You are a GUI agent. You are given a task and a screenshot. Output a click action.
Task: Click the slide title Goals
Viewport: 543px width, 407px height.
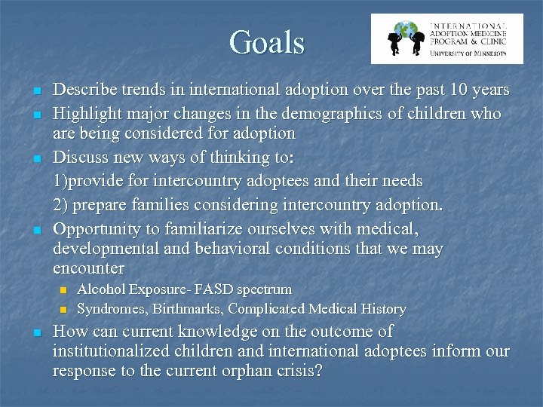[268, 42]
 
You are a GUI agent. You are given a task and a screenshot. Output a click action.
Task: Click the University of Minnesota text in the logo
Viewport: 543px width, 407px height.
[468, 53]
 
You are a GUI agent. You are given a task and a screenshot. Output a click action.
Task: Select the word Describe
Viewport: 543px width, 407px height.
[84, 90]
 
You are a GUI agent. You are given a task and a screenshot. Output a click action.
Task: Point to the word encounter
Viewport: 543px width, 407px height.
[88, 269]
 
